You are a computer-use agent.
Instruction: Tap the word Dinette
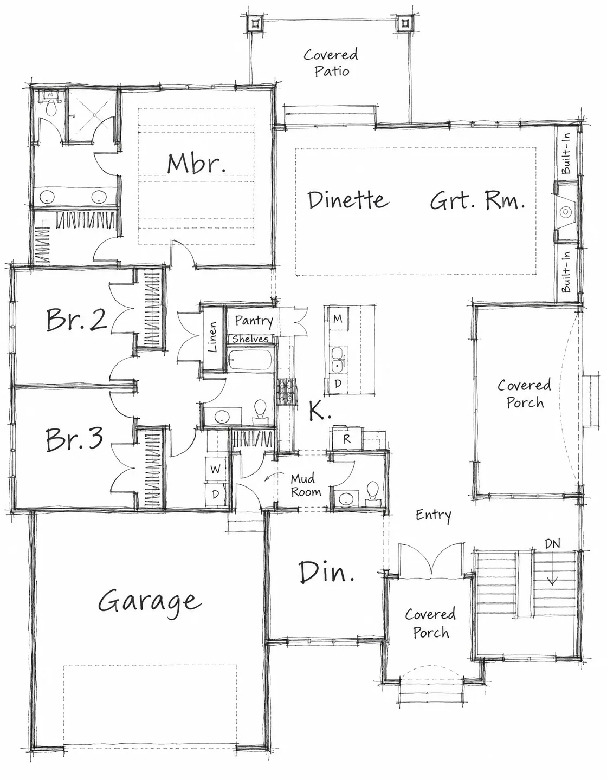coord(348,200)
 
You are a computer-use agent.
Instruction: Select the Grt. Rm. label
coord(477,200)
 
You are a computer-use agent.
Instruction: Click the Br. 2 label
coord(76,319)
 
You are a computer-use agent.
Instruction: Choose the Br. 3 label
coord(75,439)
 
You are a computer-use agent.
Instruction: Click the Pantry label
coord(254,321)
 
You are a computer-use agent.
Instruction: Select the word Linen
coord(212,337)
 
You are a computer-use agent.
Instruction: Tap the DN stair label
coord(552,544)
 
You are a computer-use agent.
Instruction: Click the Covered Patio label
coord(331,63)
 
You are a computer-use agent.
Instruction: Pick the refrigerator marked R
coord(347,438)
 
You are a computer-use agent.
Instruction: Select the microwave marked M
coord(337,318)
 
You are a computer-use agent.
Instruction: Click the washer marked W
coord(216,469)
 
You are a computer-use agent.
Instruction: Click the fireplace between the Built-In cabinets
coord(566,212)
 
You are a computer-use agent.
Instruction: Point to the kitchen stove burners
coord(287,392)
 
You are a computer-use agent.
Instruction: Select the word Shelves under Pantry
coord(250,339)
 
